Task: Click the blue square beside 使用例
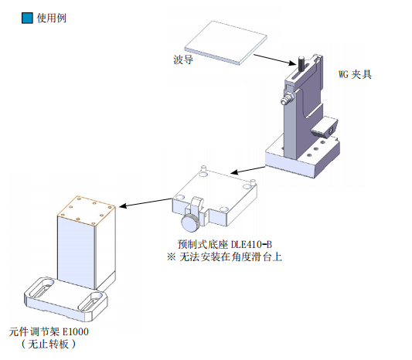(x=27, y=18)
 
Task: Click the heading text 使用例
(x=52, y=18)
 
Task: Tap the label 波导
(x=183, y=59)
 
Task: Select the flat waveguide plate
(x=226, y=42)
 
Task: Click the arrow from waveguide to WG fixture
(x=274, y=59)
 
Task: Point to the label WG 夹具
(x=355, y=74)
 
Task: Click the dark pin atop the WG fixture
(x=301, y=63)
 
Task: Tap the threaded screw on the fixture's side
(x=288, y=98)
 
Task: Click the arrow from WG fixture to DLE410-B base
(x=247, y=170)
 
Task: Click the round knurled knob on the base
(x=190, y=222)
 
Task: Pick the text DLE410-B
(x=251, y=244)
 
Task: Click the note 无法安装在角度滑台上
(x=230, y=256)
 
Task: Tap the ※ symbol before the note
(x=171, y=256)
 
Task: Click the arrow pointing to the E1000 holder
(x=146, y=202)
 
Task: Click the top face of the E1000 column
(x=87, y=211)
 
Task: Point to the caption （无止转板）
(x=49, y=344)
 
